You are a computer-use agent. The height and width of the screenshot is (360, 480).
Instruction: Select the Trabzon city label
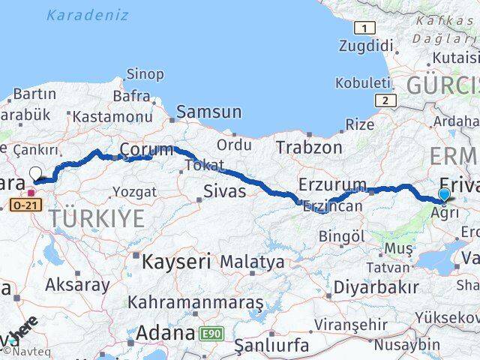click(308, 147)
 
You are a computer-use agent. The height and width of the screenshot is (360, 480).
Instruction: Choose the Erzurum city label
click(332, 184)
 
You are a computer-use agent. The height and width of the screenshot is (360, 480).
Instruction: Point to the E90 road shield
click(212, 333)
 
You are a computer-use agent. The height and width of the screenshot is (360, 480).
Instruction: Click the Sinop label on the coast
click(145, 73)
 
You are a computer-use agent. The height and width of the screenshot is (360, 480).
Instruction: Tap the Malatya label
click(252, 262)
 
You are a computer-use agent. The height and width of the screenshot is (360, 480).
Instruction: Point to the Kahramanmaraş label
click(195, 302)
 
